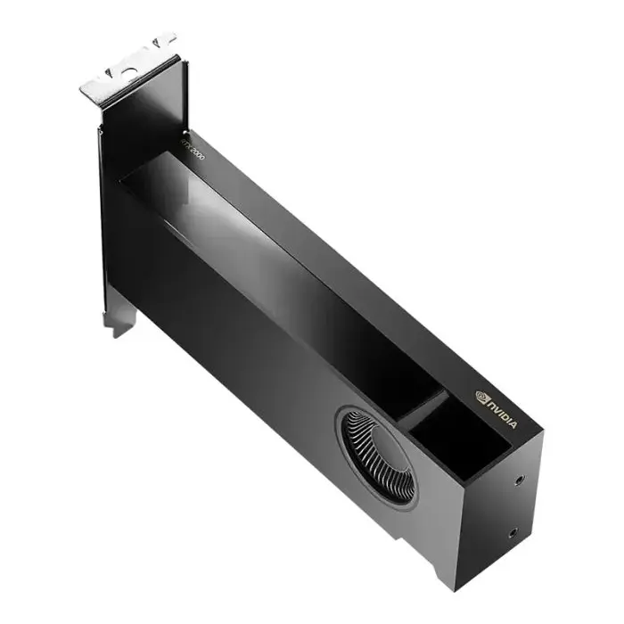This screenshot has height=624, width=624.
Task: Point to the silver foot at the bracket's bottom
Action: point(120,321)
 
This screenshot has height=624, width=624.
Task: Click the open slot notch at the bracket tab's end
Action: point(165,40)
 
